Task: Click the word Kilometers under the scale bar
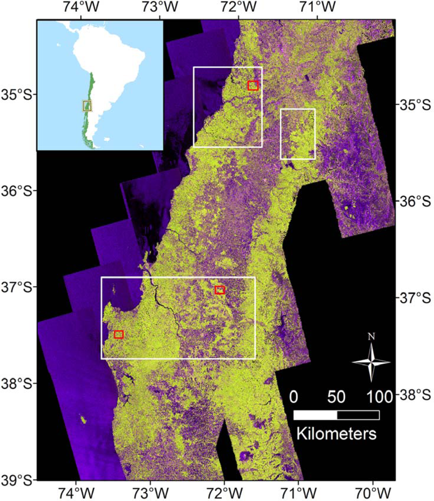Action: [x=336, y=432]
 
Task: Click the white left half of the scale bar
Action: [x=315, y=415]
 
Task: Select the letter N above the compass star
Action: [x=371, y=337]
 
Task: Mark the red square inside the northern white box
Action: [x=253, y=86]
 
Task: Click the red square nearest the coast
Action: [x=119, y=335]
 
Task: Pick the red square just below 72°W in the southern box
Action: [x=220, y=290]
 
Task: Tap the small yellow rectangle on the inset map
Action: [x=87, y=106]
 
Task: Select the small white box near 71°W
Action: [x=298, y=134]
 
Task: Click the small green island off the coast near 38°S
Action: [x=82, y=418]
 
